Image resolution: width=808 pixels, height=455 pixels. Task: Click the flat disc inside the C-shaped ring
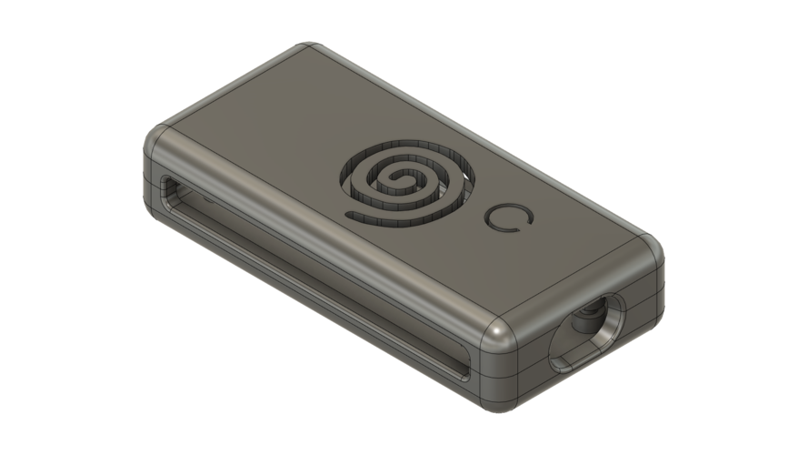(506, 217)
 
